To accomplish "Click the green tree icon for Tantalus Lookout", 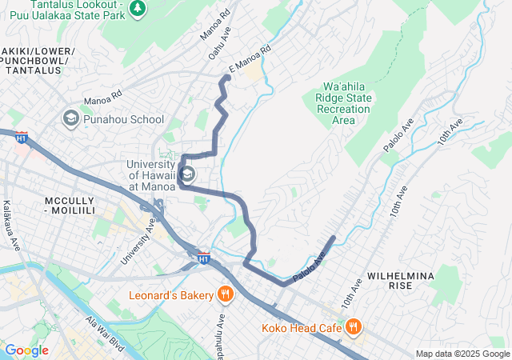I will coord(139,7).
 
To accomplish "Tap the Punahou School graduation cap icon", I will coord(70,119).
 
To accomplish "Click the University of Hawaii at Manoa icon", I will coord(186,174).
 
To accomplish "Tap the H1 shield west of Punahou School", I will coord(21,138).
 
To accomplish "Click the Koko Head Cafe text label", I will coord(300,327).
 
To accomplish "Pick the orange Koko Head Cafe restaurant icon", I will coord(351,326).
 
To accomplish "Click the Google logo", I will coord(26,350).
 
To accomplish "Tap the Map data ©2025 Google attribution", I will coord(462,354).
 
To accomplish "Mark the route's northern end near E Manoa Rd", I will coord(227,77).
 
